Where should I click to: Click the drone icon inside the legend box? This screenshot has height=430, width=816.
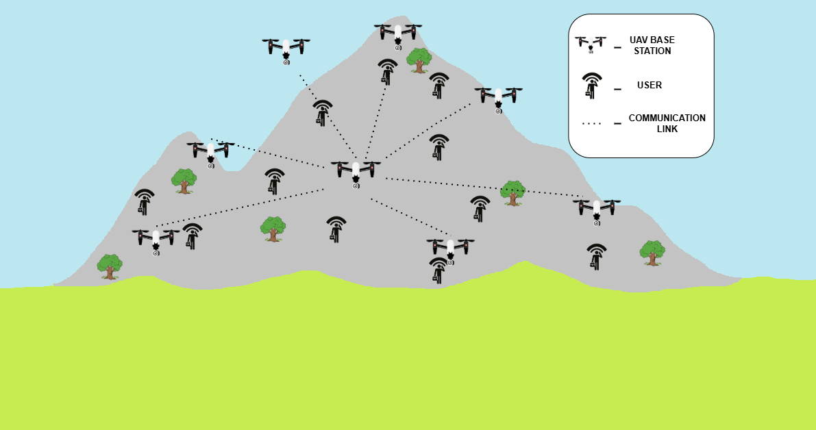[590, 45]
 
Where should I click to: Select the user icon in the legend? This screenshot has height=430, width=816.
[591, 86]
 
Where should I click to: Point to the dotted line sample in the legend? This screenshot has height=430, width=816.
[591, 123]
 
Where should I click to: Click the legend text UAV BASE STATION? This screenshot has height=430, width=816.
[650, 45]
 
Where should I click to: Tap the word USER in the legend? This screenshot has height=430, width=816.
[650, 86]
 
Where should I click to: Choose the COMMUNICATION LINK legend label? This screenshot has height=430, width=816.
[667, 123]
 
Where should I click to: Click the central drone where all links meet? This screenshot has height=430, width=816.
[356, 171]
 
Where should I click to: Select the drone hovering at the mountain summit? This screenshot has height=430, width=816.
[397, 34]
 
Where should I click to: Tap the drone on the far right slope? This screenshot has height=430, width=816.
[597, 209]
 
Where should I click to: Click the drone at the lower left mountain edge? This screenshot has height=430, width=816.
[156, 239]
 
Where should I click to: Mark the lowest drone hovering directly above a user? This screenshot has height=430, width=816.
[450, 248]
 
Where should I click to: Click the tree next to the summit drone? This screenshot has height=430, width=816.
[419, 60]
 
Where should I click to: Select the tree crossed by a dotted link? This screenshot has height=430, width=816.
[512, 193]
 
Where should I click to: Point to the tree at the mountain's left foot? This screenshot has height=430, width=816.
[109, 266]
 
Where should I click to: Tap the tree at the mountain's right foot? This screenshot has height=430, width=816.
[652, 253]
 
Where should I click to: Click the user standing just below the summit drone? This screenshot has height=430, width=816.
[387, 71]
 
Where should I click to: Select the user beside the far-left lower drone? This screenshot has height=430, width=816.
[192, 236]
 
